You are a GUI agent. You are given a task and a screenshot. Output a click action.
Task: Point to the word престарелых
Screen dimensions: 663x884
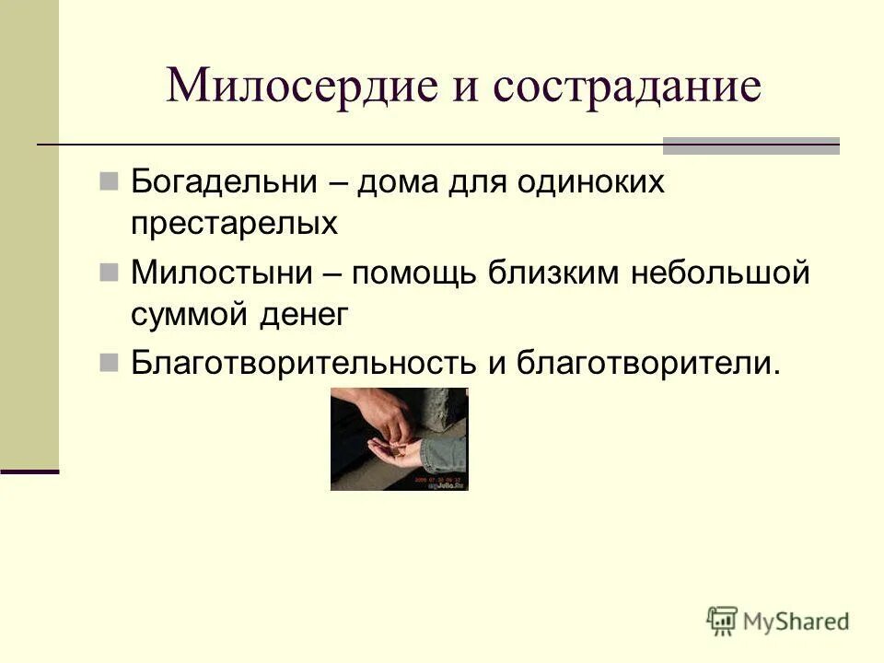coord(234,223)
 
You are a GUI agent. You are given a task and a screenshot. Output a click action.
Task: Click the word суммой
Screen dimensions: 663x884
coord(191,315)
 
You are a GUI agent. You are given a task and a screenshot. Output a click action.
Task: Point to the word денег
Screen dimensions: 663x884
coord(305,315)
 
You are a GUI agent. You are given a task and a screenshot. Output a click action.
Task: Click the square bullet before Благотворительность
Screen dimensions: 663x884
coord(109,362)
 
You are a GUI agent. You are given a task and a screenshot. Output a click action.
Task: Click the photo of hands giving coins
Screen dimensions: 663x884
coord(399,438)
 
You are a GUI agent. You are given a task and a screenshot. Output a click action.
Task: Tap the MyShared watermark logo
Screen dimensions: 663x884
coord(778,620)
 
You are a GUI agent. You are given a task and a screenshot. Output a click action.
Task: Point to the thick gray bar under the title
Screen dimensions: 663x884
coord(751,145)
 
